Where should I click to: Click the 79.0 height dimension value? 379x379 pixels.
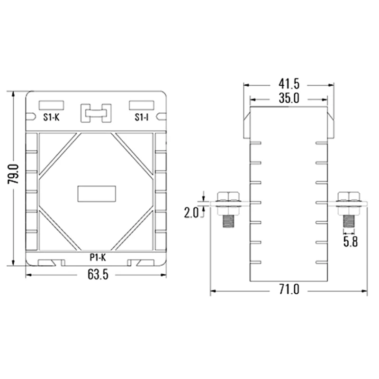pyautogui.click(x=13, y=174)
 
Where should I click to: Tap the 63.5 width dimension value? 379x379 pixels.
pyautogui.click(x=98, y=275)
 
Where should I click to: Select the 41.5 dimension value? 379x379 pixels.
pyautogui.click(x=289, y=84)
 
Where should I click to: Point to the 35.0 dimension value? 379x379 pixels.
pyautogui.click(x=289, y=99)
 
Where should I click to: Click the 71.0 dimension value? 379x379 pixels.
pyautogui.click(x=289, y=289)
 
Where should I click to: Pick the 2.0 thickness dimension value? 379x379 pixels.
pyautogui.click(x=191, y=213)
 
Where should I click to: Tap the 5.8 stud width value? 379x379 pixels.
pyautogui.click(x=351, y=242)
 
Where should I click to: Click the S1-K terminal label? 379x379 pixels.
pyautogui.click(x=51, y=117)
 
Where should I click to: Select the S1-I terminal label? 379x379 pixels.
pyautogui.click(x=142, y=117)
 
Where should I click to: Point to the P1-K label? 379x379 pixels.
pyautogui.click(x=98, y=257)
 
